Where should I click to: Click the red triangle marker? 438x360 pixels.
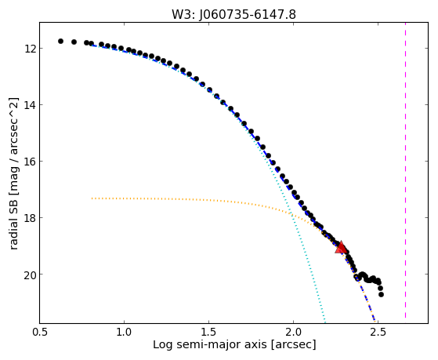[341, 247]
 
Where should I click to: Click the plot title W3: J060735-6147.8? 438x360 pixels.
[233, 14]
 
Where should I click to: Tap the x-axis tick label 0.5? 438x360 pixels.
[40, 332]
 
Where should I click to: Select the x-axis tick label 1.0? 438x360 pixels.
[124, 332]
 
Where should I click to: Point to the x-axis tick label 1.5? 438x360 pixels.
[208, 332]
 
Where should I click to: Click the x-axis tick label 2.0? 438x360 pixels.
[293, 332]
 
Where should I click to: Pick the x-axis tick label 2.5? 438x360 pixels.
[378, 332]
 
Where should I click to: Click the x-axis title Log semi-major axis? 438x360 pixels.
[209, 345]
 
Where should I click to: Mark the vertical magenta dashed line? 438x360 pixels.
[405, 170]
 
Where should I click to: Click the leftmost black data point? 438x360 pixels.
[60, 41]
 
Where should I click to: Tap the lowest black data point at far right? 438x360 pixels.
[381, 294]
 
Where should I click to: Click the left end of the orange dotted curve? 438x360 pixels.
[92, 198]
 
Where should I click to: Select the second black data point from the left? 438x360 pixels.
[74, 42]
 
